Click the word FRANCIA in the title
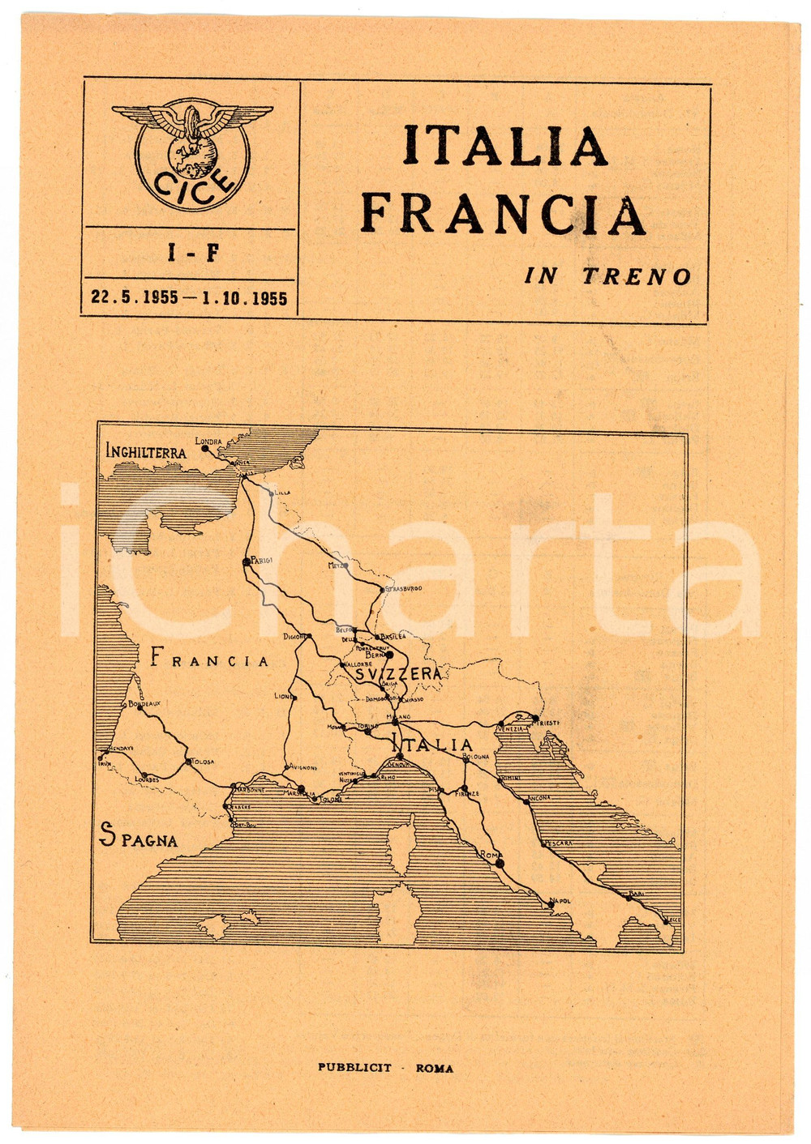tap(503, 216)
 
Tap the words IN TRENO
tap(607, 276)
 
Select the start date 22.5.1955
tap(135, 298)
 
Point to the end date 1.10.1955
tap(245, 298)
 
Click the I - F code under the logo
tap(192, 254)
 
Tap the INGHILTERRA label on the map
tap(146, 451)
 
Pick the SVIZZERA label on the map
tap(398, 673)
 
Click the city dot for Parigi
tap(246, 561)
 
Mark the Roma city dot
tap(500, 863)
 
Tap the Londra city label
tap(208, 442)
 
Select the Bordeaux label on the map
tap(144, 704)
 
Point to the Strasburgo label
tap(404, 588)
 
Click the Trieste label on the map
tap(547, 722)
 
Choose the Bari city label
tap(637, 893)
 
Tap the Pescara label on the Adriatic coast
tap(559, 843)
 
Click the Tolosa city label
tap(203, 762)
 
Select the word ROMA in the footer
tap(435, 1069)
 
